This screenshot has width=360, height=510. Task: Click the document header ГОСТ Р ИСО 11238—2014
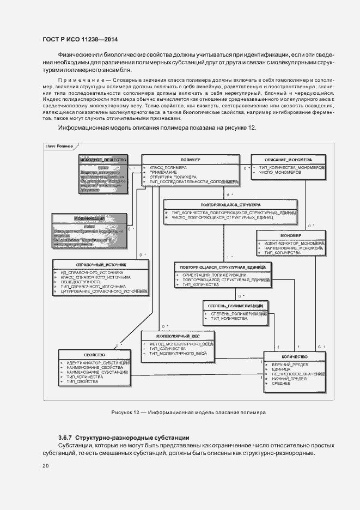(x=80, y=39)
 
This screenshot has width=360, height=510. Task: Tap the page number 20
(x=46, y=466)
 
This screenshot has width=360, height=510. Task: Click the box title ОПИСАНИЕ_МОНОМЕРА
(x=288, y=159)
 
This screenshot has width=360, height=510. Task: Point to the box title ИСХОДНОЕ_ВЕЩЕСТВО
(x=103, y=159)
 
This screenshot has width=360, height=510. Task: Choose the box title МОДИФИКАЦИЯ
(x=89, y=218)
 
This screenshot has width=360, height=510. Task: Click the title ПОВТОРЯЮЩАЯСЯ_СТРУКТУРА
(x=231, y=205)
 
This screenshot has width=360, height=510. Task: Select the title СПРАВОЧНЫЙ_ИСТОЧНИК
(x=101, y=264)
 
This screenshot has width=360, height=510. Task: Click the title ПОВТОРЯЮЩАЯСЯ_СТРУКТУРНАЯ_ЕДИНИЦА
(x=228, y=267)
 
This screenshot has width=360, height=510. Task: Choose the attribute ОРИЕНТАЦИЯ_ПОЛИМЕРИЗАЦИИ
(x=214, y=275)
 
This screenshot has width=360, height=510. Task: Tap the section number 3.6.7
(x=65, y=438)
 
